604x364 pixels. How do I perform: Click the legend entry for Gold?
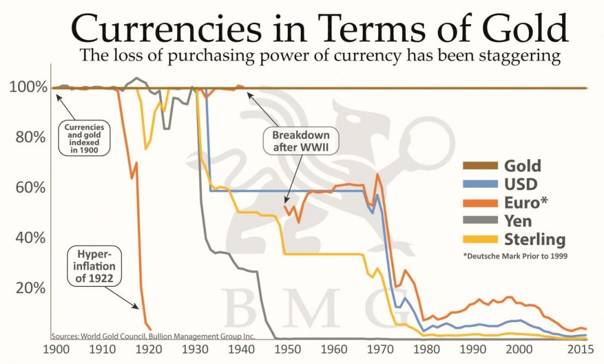pyautogui.click(x=521, y=166)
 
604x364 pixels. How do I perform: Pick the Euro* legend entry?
pyautogui.click(x=526, y=203)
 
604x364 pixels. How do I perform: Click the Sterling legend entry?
pyautogui.click(x=534, y=240)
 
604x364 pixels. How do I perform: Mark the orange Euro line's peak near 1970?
pyautogui.click(x=377, y=174)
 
